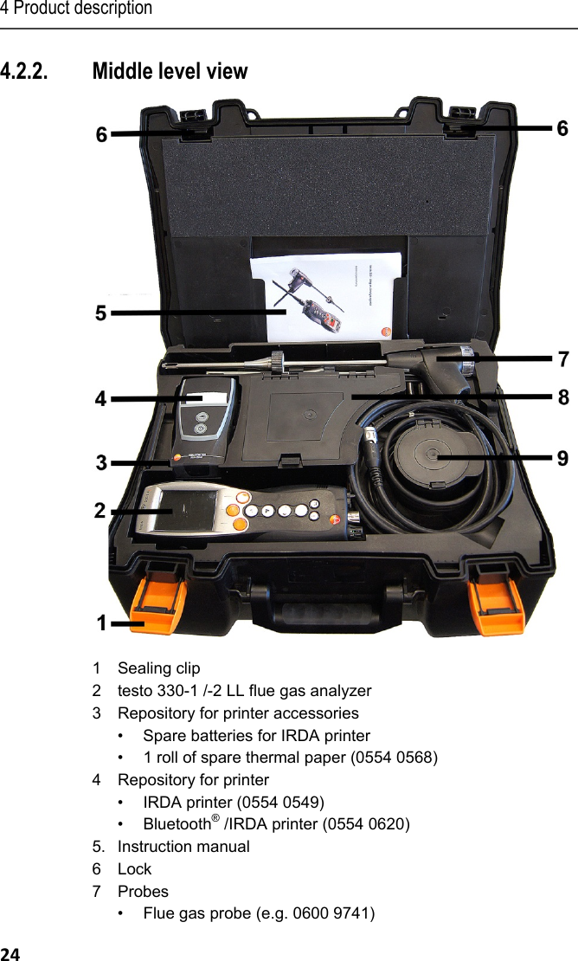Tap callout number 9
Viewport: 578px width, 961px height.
tap(562, 458)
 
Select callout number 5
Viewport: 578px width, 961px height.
tap(101, 313)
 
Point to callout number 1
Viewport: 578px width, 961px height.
tap(102, 623)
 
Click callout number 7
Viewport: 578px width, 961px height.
tap(562, 358)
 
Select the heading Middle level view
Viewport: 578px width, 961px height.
tap(170, 71)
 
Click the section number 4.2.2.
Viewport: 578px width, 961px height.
tap(25, 71)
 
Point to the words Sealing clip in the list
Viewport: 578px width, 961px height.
tap(158, 668)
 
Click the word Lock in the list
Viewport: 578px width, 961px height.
tap(134, 868)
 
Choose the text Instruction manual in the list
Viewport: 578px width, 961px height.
tap(183, 846)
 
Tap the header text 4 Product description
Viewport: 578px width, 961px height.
tap(76, 9)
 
